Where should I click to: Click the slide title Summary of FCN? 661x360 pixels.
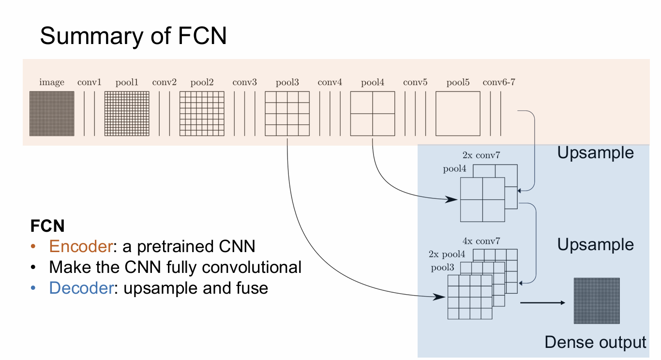coord(133,36)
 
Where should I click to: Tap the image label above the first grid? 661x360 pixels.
coord(52,82)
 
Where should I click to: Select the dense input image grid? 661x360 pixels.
coord(52,114)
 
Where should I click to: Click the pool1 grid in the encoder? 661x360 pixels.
coord(127,114)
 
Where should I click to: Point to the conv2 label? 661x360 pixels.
coord(165,82)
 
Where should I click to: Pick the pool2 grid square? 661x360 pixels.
coord(202,114)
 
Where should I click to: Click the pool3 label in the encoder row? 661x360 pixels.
coord(287,82)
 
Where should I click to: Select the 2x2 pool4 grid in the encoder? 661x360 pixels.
coord(373,114)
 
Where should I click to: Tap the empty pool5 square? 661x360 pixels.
coord(458,114)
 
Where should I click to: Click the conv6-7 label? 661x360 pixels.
coord(499,82)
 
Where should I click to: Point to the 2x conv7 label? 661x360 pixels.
coord(481,156)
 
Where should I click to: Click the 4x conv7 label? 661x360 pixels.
coord(481,241)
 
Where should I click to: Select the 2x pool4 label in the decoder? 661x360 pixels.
coord(447,254)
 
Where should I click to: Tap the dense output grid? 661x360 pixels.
coord(597,300)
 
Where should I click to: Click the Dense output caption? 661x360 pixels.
coord(595,342)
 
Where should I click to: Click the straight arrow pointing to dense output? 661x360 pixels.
coord(542,303)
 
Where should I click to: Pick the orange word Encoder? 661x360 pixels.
coord(80,246)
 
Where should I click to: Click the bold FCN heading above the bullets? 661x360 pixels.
coord(47,225)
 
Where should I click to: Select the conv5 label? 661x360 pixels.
coord(415,82)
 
